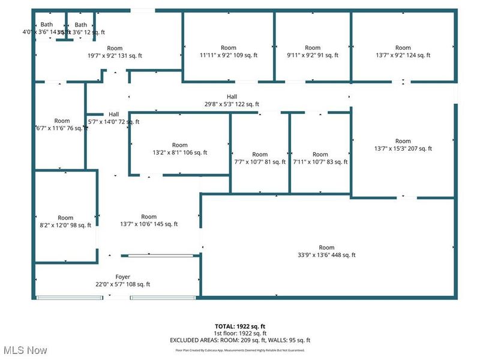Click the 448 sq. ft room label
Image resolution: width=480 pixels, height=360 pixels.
pyautogui.click(x=326, y=251)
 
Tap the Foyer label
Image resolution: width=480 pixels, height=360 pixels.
pyautogui.click(x=122, y=281)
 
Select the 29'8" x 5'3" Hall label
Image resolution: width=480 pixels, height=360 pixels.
pyautogui.click(x=232, y=100)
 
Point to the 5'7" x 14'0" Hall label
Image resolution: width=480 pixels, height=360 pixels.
pyautogui.click(x=113, y=118)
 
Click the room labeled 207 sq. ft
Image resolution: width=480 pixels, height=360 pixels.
pyautogui.click(x=403, y=145)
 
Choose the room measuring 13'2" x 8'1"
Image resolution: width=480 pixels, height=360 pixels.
pyautogui.click(x=179, y=149)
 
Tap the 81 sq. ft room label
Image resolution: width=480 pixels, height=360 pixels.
pyautogui.click(x=260, y=158)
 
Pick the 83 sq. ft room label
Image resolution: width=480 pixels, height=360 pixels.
pyautogui.click(x=320, y=158)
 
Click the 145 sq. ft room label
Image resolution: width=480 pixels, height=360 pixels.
pyautogui.click(x=148, y=221)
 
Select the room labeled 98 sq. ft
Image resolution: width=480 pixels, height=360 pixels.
pyautogui.click(x=65, y=221)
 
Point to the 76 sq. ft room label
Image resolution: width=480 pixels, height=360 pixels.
pyautogui.click(x=62, y=124)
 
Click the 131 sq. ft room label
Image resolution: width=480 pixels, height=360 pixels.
pyautogui.click(x=115, y=52)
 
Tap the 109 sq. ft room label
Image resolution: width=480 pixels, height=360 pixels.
pyautogui.click(x=228, y=52)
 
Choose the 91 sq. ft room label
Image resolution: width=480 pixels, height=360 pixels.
pyautogui.click(x=313, y=52)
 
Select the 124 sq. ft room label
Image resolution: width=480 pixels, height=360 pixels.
pyautogui.click(x=403, y=52)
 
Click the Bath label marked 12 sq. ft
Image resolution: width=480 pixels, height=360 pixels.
pyautogui.click(x=81, y=28)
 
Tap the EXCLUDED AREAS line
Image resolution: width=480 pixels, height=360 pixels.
pyautogui.click(x=239, y=340)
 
